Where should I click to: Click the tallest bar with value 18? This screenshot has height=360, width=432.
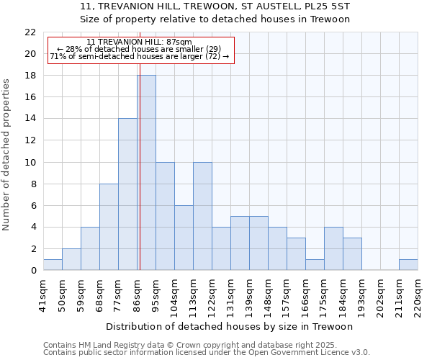(146, 173)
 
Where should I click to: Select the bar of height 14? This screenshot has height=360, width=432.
(127, 194)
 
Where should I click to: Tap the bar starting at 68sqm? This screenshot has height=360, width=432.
(109, 227)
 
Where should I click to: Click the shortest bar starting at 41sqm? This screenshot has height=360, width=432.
(53, 265)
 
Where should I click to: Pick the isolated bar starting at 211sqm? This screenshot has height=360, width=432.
(408, 265)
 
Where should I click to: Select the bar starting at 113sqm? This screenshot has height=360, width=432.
(202, 216)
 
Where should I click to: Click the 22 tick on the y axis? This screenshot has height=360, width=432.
(30, 32)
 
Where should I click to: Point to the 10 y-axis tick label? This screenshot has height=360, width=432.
(30, 162)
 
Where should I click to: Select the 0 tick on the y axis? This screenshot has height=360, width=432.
(33, 271)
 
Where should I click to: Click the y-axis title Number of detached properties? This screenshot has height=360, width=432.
(7, 155)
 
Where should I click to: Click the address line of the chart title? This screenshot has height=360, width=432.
(214, 6)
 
